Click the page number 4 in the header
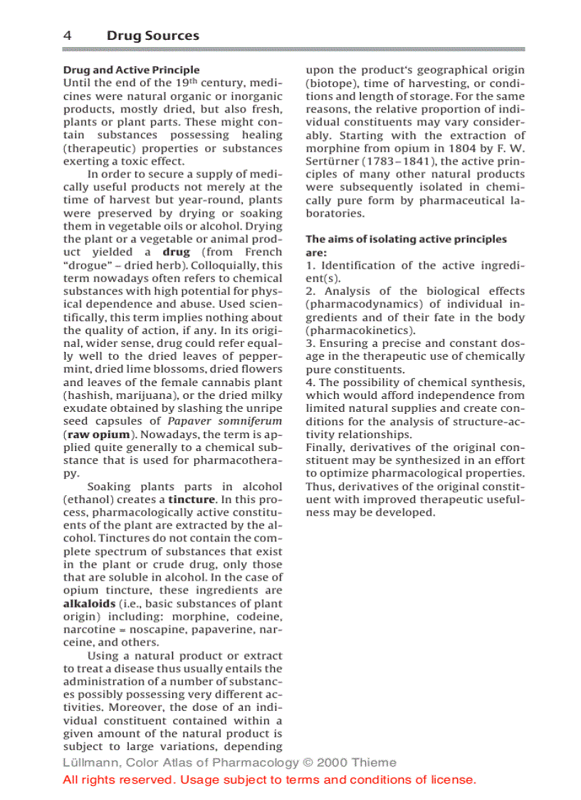coord(67,36)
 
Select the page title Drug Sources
coord(152,36)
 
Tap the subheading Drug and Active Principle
coord(131,70)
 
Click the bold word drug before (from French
coord(176,252)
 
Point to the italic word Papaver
coord(192,421)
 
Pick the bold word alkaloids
coord(89,603)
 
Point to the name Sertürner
coord(333,161)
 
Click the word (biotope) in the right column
coord(332,83)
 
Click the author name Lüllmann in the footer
coord(87,762)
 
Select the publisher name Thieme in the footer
coord(373,762)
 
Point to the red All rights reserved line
coord(269,779)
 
